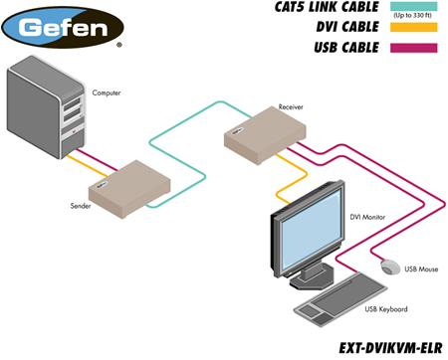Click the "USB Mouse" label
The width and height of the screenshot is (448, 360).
(x=421, y=270)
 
